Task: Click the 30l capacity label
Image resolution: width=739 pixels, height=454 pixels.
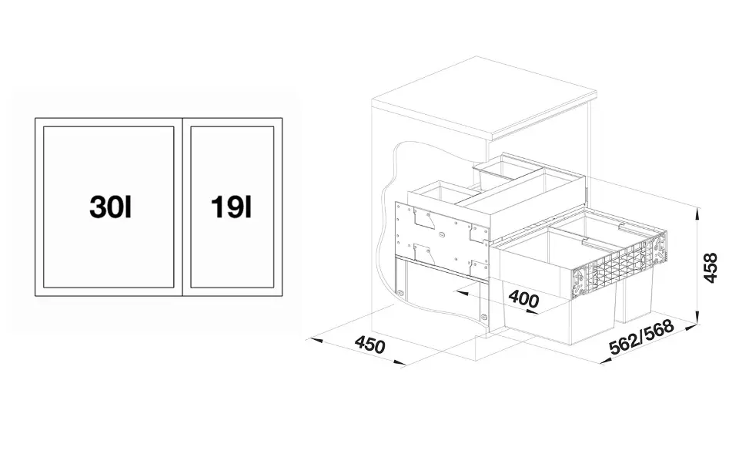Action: click(110, 207)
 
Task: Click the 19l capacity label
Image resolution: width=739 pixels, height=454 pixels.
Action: click(232, 207)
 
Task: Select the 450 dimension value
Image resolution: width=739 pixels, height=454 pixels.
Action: click(370, 345)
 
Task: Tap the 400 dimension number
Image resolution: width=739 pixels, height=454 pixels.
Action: click(523, 299)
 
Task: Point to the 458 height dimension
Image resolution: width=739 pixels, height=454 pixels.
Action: click(711, 267)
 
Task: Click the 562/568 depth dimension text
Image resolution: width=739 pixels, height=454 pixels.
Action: click(641, 337)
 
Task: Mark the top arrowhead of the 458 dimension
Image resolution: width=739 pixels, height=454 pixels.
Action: click(697, 211)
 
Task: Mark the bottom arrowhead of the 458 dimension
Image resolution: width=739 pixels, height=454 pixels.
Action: click(697, 320)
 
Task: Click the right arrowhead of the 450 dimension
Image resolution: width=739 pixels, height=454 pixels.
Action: click(400, 363)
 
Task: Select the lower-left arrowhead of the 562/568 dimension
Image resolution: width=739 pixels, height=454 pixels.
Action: click(605, 361)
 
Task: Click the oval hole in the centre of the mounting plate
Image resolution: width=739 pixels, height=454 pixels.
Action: click(441, 234)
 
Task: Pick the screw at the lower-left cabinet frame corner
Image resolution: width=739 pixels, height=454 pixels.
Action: click(401, 293)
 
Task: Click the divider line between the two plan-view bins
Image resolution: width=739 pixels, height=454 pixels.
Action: click(182, 207)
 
